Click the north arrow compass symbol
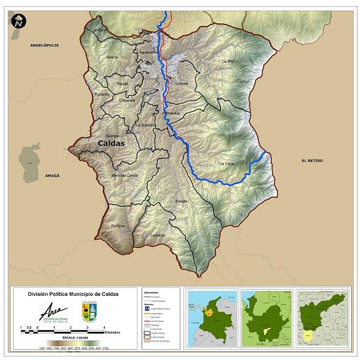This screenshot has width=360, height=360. pyautogui.click(x=18, y=20)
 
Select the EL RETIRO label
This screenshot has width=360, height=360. pyautogui.click(x=312, y=161)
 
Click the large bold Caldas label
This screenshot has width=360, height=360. pyautogui.click(x=111, y=143)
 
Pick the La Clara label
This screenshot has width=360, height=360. pyautogui.click(x=226, y=163)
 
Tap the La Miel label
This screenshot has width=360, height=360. pyautogui.click(x=227, y=61)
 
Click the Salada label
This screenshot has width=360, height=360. pyautogui.click(x=182, y=201)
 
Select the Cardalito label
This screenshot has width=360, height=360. pyautogui.click(x=158, y=235)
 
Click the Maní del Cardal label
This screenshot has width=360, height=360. pyautogui.click(x=124, y=175)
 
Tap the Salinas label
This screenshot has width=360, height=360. pyautogui.click(x=112, y=135)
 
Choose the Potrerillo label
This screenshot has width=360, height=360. pyautogui.click(x=102, y=94)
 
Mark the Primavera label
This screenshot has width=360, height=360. pyautogui.click(x=172, y=113)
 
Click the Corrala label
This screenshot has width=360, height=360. pyautogui.click(x=182, y=83)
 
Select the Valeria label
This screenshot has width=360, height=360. pyautogui.click(x=112, y=57)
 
